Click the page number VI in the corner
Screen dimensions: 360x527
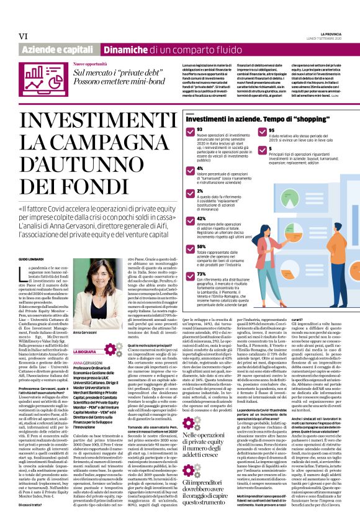coord(24,37)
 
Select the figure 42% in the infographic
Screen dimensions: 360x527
coord(184,218)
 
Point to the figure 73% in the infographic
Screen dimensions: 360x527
coord(184,273)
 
